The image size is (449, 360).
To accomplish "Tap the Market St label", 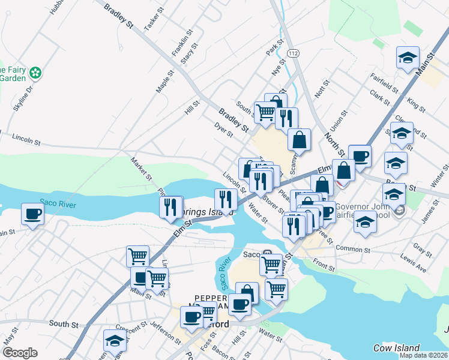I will coord(142,169).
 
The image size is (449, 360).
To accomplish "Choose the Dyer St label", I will coord(223,130).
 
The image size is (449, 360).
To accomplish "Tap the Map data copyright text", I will coord(423,355).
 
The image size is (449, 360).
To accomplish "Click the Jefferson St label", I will coord(166,333).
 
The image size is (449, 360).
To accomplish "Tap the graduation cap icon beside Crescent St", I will coord(114,341).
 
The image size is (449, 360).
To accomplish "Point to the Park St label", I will coord(275,48).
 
